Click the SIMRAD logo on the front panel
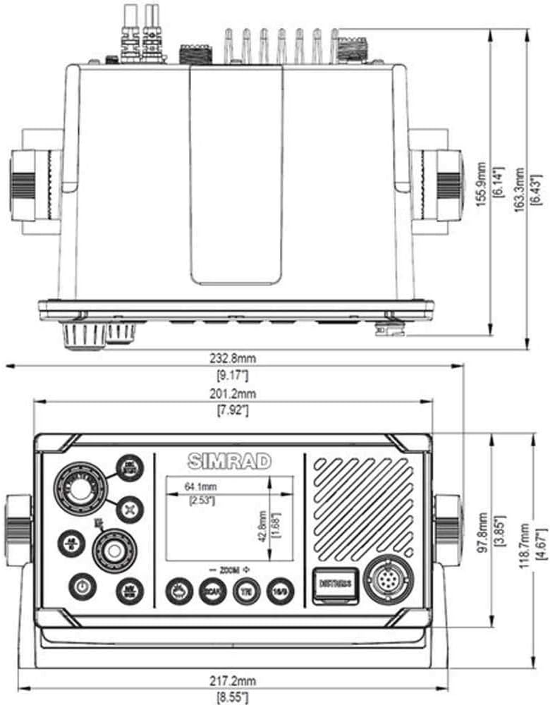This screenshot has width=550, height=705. coord(230,461)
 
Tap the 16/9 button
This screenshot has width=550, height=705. coord(279,591)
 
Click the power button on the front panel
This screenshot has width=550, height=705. coord(81,585)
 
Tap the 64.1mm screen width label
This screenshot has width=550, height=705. coord(201,486)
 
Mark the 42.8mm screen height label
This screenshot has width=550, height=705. coord(263,526)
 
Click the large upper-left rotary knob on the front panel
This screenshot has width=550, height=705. coord(78,486)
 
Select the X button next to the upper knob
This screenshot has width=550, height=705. coord(130,508)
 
